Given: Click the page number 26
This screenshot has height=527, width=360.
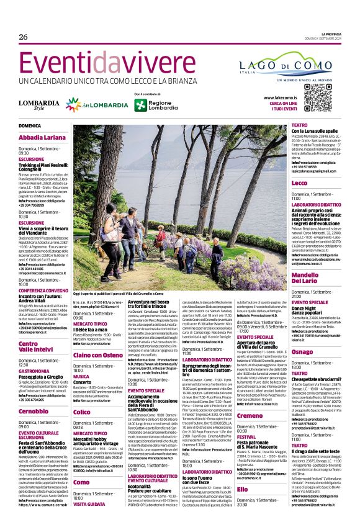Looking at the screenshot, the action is click(24, 37).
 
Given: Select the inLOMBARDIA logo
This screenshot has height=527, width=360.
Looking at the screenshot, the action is click(89, 104).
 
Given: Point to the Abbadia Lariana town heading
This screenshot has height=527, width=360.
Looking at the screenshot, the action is click(42, 137).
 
